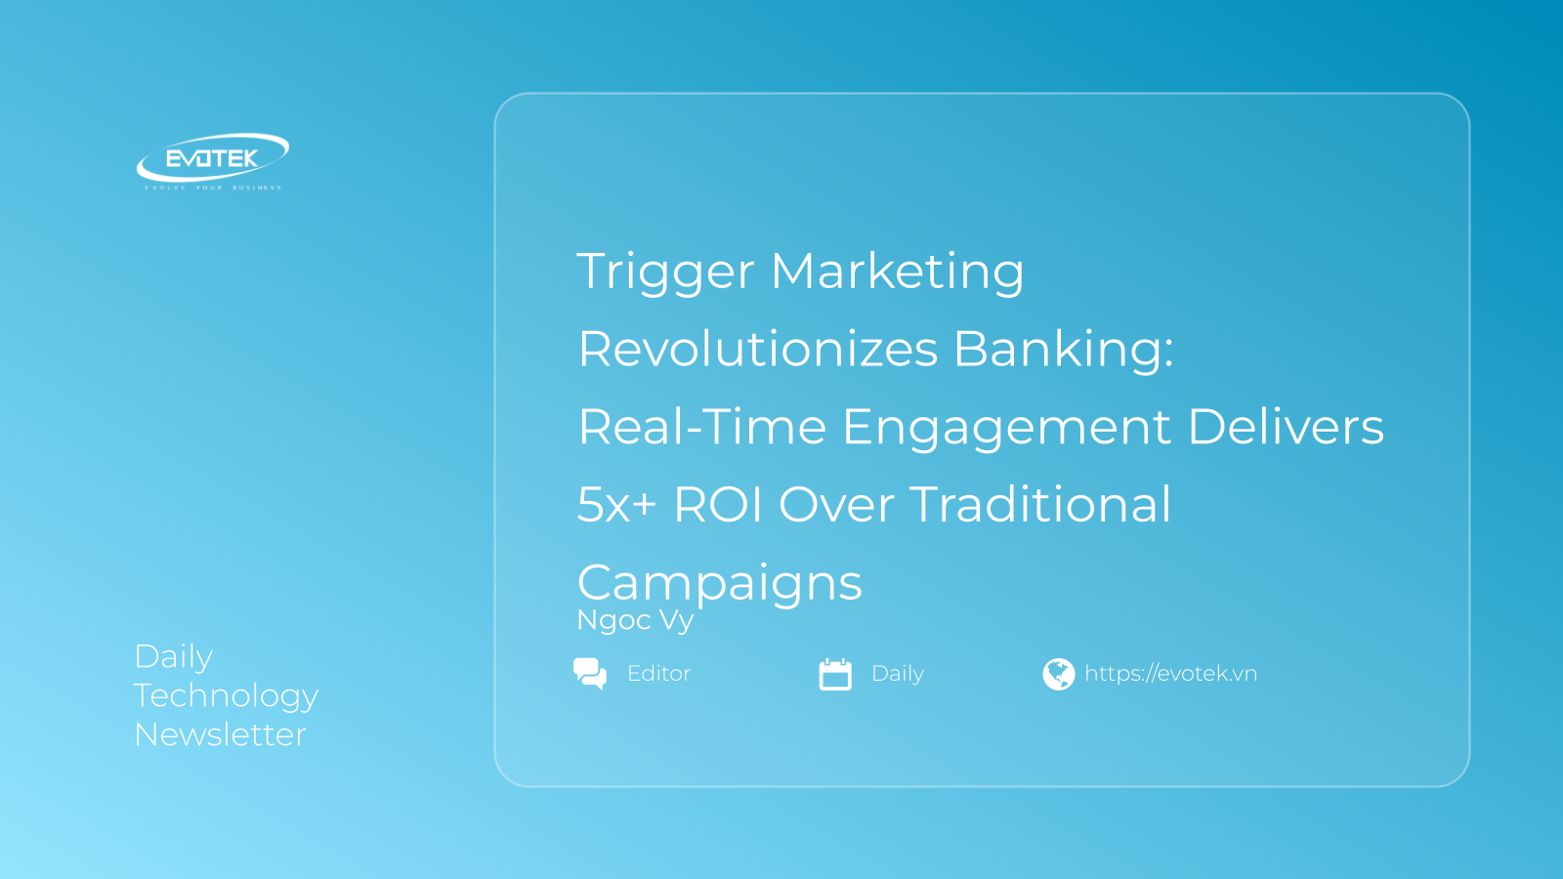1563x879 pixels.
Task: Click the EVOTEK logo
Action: tap(212, 159)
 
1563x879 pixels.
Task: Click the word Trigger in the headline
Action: tap(665, 272)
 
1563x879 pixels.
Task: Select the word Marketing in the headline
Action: tap(897, 272)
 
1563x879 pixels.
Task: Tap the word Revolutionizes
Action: tap(758, 349)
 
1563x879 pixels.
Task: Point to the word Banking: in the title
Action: tap(1063, 349)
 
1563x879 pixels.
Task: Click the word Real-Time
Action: tap(701, 427)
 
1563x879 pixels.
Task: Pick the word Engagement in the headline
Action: tap(1006, 429)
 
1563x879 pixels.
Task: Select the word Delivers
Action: tap(1286, 427)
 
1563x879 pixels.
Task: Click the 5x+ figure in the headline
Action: tap(615, 505)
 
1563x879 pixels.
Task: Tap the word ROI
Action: tap(718, 505)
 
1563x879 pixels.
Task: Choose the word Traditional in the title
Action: tap(1040, 505)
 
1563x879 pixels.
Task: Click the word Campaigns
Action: tap(720, 584)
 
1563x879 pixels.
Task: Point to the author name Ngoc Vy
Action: tap(635, 620)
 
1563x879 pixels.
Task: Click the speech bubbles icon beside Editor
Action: tap(590, 673)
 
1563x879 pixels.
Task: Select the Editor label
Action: tap(658, 674)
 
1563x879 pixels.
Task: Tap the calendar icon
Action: tap(835, 674)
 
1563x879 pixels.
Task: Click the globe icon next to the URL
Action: tap(1058, 674)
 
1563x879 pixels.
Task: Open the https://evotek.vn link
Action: tap(1170, 674)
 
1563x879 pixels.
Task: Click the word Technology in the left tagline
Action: tap(226, 696)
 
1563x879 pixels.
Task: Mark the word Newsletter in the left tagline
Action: tap(221, 734)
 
